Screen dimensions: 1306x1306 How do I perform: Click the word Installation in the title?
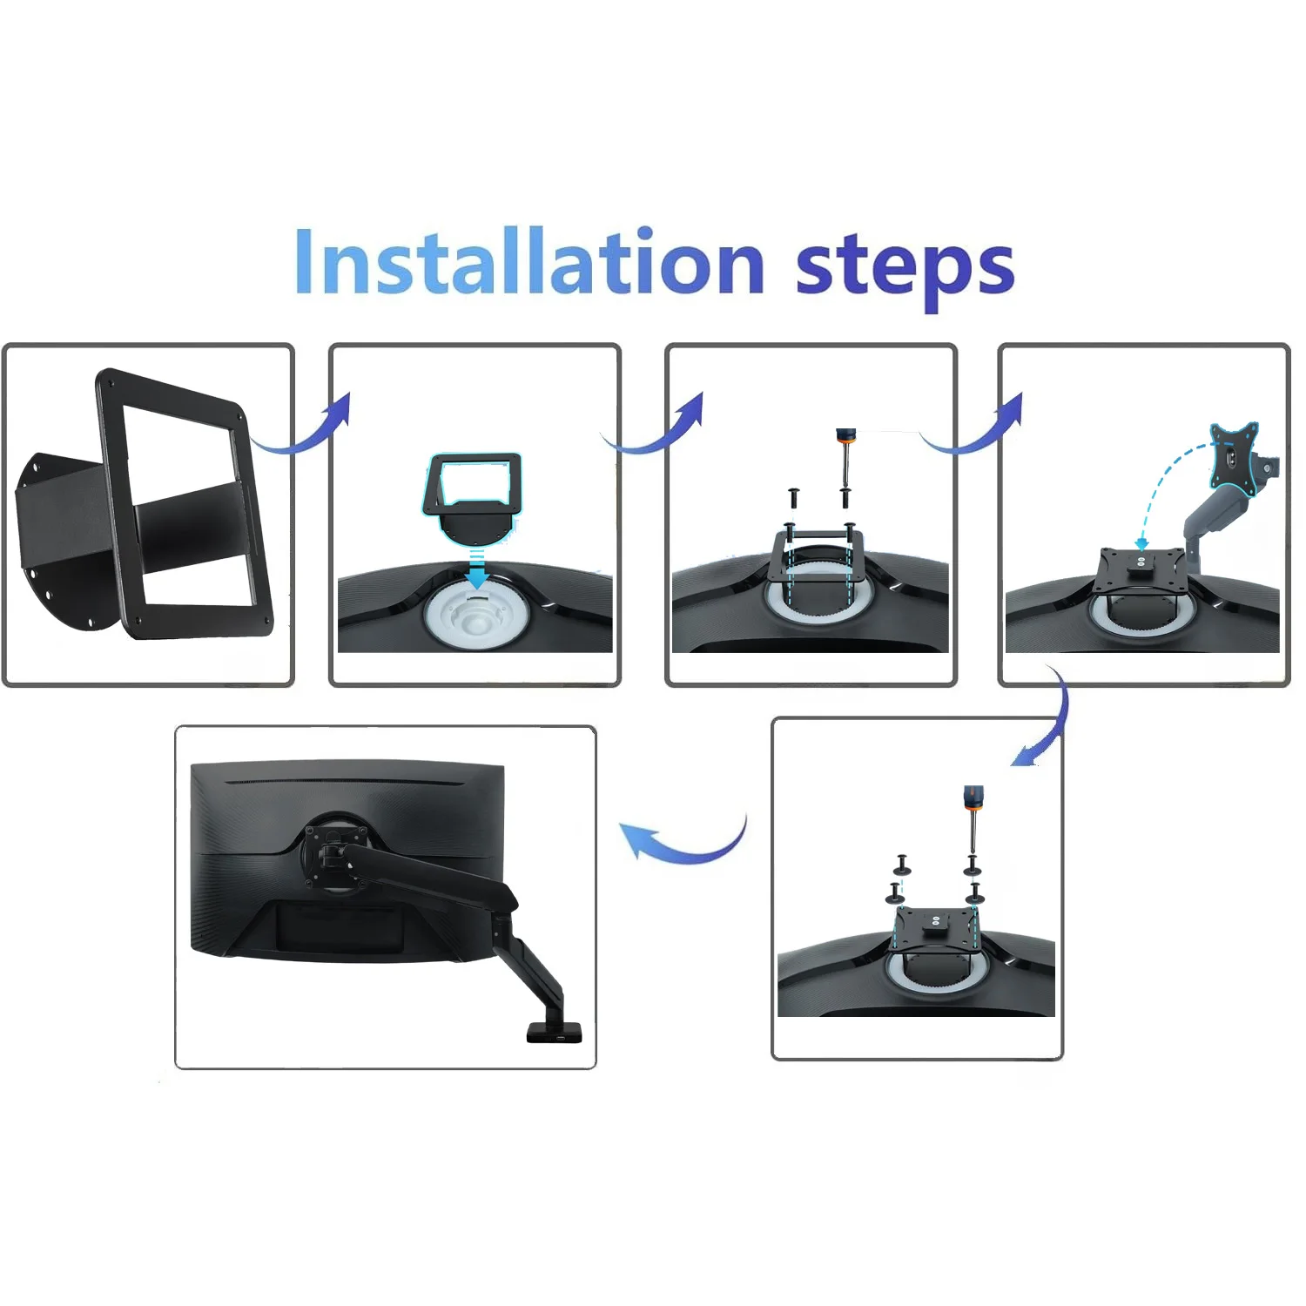coord(529,261)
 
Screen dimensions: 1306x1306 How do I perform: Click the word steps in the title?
coord(905,268)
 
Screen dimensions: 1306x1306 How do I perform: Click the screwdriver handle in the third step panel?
coord(844,435)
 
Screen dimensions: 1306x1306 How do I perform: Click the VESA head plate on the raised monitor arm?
coord(1235,455)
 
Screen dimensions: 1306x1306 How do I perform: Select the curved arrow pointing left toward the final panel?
coord(683,839)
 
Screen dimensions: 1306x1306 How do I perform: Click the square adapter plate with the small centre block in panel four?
coord(1141,566)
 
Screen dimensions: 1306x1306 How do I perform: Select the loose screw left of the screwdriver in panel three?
coord(794,498)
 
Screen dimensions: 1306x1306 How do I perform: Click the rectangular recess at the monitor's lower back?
coord(340,926)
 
